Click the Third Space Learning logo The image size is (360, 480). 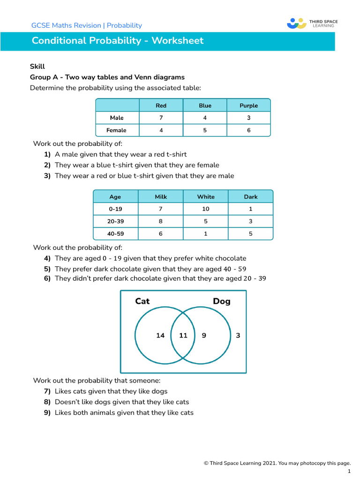pos(312,23)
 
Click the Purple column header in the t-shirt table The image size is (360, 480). pos(248,105)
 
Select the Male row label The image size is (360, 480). pos(117,118)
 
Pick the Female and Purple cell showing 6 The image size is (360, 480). pos(248,130)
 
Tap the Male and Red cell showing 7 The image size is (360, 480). pos(161,118)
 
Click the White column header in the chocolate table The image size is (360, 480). pos(206,197)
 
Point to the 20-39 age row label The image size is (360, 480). pos(115,221)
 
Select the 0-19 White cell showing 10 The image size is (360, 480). pos(206,209)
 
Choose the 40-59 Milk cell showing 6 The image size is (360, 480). pos(161,233)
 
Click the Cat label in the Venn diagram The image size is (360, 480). pos(142,301)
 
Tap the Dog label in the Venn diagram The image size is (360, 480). pos(222,301)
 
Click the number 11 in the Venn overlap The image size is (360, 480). pos(183,335)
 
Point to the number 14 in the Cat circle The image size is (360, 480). pos(160,335)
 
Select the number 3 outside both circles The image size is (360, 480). pos(238,335)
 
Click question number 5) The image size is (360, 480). pos(47,269)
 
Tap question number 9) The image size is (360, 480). pos(47,413)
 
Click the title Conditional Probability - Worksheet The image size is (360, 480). pos(118,41)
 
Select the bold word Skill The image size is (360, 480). pos(37,67)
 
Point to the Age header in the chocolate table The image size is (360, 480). pos(115,197)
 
